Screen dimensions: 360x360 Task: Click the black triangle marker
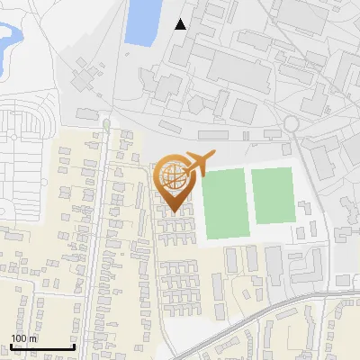point(181,24)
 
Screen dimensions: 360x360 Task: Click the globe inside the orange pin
point(171,175)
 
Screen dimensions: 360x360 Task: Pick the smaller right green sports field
point(272,194)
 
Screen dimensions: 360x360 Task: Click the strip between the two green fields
point(247,198)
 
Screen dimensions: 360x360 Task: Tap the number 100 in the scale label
point(17,338)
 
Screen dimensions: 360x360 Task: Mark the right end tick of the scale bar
point(74,345)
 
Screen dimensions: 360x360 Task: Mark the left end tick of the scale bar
point(11,345)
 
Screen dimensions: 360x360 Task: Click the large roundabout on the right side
point(292,123)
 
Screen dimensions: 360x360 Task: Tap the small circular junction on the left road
point(106,123)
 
